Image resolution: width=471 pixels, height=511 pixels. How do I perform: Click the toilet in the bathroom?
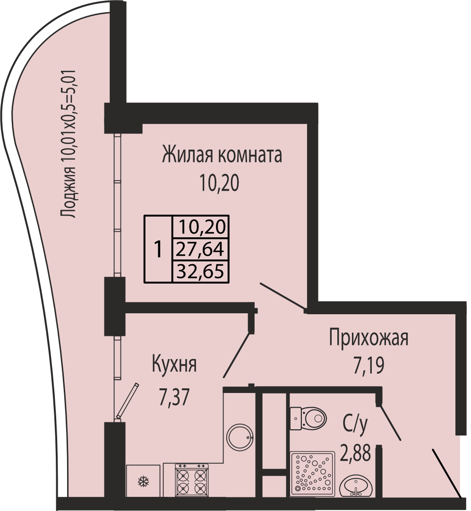click(308, 418)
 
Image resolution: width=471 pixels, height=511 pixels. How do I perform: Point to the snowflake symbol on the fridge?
click(143, 481)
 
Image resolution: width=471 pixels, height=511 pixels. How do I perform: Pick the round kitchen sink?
click(240, 437)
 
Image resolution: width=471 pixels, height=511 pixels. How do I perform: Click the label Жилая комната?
click(222, 155)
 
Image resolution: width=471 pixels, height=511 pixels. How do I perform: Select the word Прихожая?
click(368, 338)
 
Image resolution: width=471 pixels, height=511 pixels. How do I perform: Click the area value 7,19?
click(368, 366)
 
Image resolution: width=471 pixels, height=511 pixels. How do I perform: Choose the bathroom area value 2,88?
click(355, 453)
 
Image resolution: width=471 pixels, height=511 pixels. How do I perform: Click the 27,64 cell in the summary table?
click(200, 249)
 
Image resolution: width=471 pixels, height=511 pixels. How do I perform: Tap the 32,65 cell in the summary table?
click(200, 271)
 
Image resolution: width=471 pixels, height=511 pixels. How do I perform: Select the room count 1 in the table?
click(158, 249)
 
